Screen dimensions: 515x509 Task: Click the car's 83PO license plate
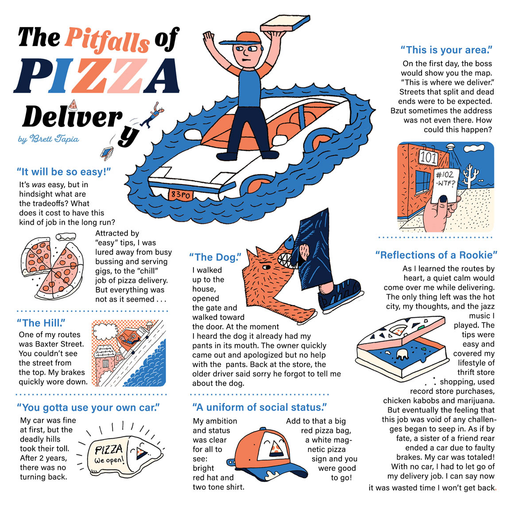(180, 194)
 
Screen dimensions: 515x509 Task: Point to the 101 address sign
(428, 158)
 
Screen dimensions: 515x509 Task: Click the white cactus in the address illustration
(470, 177)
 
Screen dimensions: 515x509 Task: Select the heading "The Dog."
(215, 257)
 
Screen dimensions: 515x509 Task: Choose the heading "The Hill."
(41, 323)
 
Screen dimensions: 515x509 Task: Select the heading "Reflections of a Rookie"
(436, 255)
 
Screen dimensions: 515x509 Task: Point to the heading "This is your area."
(446, 50)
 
